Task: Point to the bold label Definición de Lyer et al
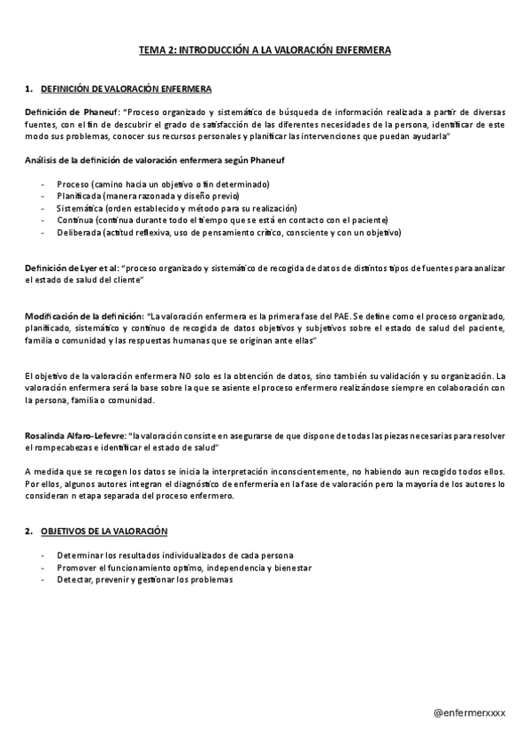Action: click(72, 268)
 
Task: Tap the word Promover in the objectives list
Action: click(77, 567)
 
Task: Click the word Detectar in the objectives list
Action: click(75, 579)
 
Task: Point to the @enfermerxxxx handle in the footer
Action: click(470, 711)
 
